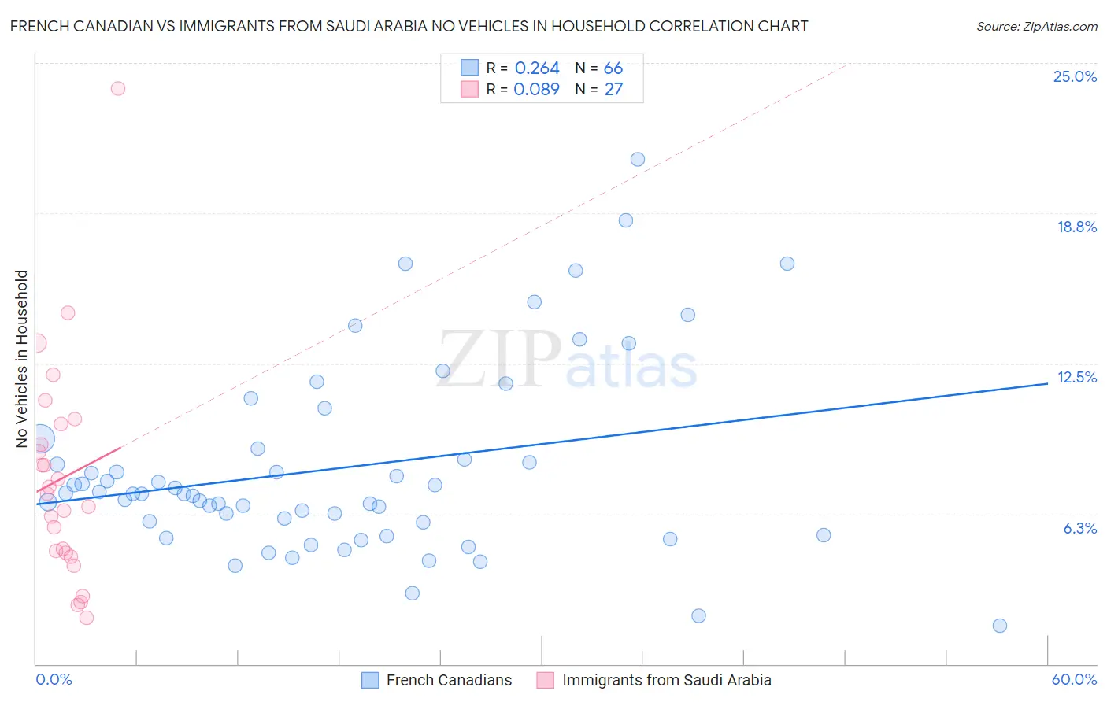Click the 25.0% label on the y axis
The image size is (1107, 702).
coord(1075,76)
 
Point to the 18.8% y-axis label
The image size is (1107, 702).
coord(1076,227)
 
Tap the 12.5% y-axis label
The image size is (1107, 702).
coord(1076,377)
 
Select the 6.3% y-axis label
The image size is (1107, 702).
coord(1079,528)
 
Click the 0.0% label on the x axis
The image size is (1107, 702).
coord(54,679)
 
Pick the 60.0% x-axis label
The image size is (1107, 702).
coord(1074,679)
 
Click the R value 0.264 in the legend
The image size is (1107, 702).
coord(537,68)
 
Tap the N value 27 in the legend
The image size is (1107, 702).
coord(613,89)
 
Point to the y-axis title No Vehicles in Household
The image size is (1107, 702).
coord(22,359)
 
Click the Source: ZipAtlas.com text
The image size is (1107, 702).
coord(1036,27)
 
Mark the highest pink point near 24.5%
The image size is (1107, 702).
coord(118,88)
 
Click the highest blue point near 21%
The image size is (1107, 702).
coord(638,160)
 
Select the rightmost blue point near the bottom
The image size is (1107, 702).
coord(1000,626)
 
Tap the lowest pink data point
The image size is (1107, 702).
coord(87,618)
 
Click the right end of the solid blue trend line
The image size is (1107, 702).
coord(1047,383)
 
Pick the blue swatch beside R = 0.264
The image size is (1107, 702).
coord(469,68)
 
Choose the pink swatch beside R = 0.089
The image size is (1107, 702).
coord(469,89)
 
